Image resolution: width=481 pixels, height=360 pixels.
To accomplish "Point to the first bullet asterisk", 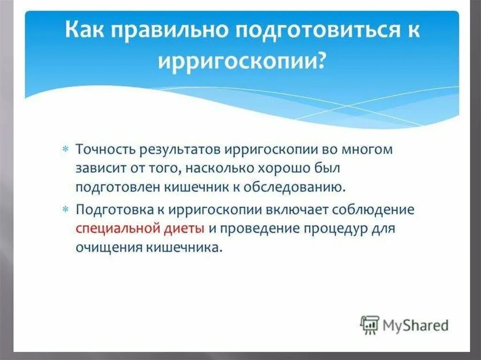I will (65, 149).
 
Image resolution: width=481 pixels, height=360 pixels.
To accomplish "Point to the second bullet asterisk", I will (65, 209).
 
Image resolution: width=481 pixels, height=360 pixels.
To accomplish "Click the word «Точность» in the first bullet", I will (105, 150).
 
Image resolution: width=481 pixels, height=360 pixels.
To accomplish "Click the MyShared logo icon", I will (369, 325).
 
